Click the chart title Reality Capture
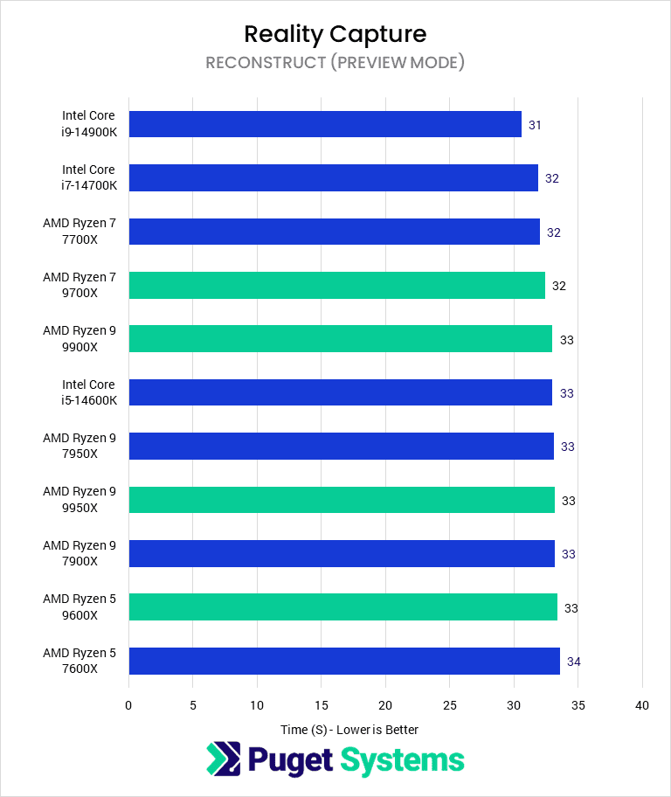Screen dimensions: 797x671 335,34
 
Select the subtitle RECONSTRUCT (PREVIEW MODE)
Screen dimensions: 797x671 335,63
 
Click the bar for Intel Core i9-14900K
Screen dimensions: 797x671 325,124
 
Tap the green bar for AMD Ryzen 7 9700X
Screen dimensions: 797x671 336,285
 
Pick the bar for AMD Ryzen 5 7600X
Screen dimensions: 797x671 344,661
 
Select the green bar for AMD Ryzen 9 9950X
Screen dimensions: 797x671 342,500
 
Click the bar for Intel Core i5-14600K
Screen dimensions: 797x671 340,392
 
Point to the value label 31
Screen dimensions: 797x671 535,125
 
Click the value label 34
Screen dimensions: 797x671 573,662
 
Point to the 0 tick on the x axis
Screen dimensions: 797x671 128,705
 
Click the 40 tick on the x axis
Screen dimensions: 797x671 642,705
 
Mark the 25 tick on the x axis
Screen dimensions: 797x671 449,705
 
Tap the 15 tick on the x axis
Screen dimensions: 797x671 321,705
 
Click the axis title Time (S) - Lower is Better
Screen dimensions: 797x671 349,730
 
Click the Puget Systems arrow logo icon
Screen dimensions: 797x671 223,759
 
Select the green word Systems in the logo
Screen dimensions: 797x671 403,760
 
